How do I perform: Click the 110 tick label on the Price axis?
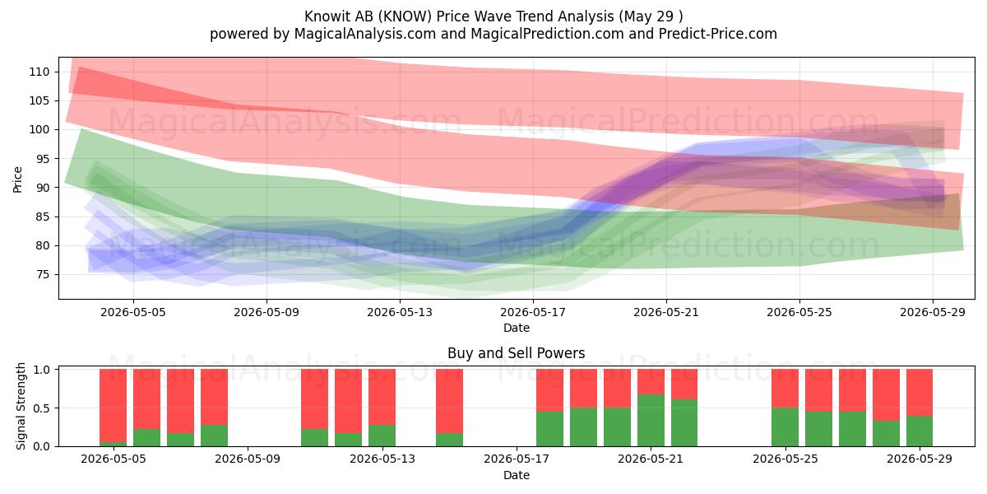[39, 72]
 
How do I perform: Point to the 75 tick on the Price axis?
[43, 275]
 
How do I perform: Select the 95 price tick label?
[43, 159]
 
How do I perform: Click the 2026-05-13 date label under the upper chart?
[400, 312]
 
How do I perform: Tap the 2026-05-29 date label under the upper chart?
[933, 312]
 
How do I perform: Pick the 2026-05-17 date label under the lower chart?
[517, 459]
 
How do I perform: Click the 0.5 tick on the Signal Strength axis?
[41, 408]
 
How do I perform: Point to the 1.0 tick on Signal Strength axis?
[41, 369]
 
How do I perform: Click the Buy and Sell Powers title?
[517, 353]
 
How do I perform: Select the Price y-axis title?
[17, 179]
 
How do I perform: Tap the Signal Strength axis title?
[21, 406]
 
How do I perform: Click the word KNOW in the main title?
[406, 16]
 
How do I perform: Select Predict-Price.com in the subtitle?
[718, 34]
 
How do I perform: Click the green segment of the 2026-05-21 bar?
[651, 421]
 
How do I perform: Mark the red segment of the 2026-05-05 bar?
[114, 405]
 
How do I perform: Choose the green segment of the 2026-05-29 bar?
[920, 431]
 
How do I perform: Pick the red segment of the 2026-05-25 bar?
[785, 388]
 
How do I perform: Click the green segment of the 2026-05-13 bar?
[382, 436]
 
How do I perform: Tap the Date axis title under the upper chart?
[517, 328]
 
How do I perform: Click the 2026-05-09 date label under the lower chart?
[248, 459]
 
